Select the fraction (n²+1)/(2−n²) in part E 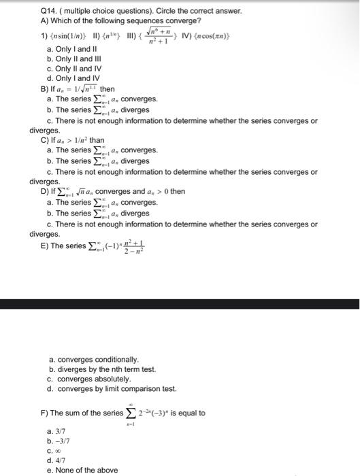coord(142,248)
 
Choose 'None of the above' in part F coord(77,470)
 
